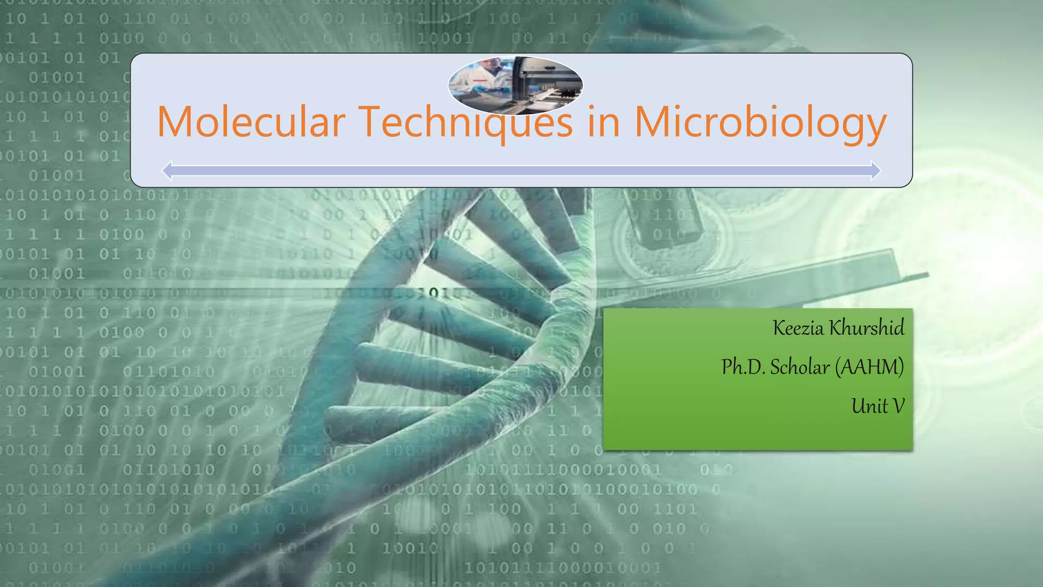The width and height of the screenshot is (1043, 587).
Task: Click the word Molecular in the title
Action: pyautogui.click(x=251, y=122)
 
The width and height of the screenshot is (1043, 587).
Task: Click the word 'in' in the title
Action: pyautogui.click(x=603, y=122)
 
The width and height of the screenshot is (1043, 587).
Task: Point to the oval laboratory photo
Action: pyautogui.click(x=515, y=85)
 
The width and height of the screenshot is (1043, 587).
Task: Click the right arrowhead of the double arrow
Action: pyautogui.click(x=875, y=170)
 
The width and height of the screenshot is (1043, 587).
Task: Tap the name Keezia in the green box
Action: pyautogui.click(x=798, y=328)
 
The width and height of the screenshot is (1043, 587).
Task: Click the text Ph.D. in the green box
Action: pyautogui.click(x=743, y=367)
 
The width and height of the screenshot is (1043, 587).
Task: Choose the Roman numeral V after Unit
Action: pyautogui.click(x=898, y=406)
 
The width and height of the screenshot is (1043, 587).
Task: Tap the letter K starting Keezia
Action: pyautogui.click(x=779, y=328)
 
